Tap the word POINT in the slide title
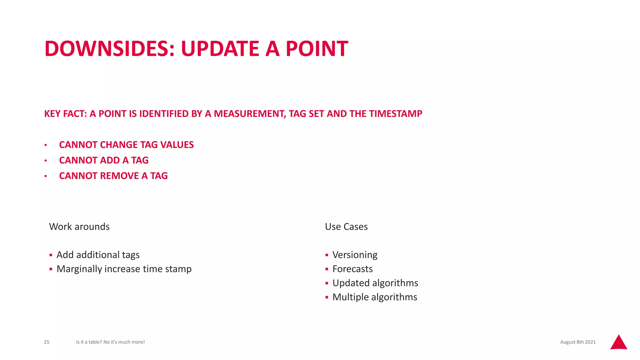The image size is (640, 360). tap(317, 49)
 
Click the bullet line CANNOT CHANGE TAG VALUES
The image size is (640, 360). tap(126, 145)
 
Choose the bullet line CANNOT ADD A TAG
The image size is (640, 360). tap(104, 160)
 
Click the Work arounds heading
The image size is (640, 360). tap(79, 227)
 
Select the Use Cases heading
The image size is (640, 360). tap(346, 227)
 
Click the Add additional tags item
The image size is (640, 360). tap(98, 255)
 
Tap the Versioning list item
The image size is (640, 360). tap(355, 255)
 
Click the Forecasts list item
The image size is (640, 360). tap(352, 269)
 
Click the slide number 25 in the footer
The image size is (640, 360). tap(47, 342)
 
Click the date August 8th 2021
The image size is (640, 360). tap(578, 342)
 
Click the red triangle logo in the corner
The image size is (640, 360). tap(618, 343)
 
